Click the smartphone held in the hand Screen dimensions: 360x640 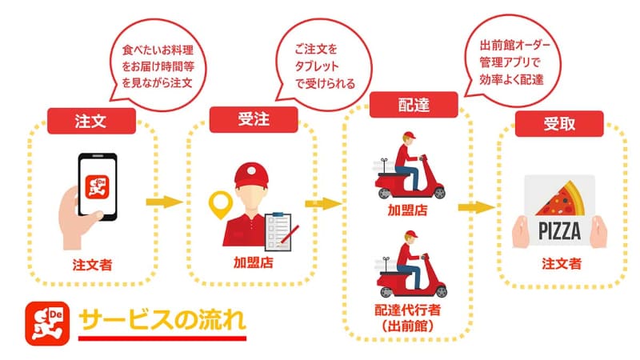point(97,186)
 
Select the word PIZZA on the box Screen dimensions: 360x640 point(558,232)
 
